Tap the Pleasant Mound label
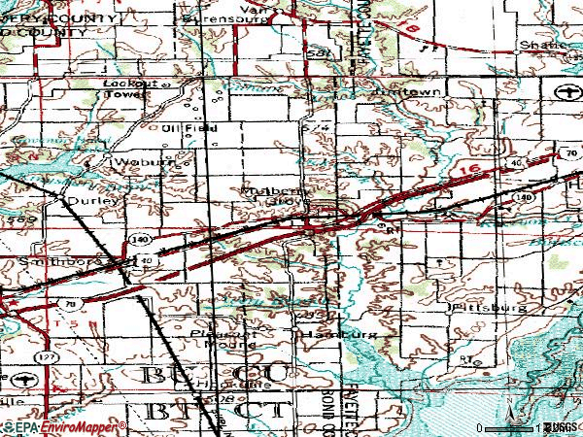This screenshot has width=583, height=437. coord(222,338)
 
